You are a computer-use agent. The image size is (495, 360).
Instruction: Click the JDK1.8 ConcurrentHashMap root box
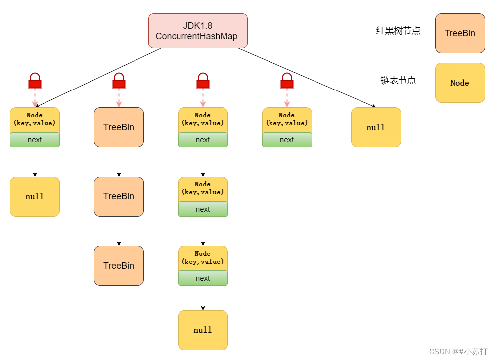pos(198,31)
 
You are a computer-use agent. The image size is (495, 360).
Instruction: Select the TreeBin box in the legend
pos(460,33)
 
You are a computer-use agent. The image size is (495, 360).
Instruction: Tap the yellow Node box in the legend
pos(460,83)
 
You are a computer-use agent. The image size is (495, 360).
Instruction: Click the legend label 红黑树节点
pos(398,31)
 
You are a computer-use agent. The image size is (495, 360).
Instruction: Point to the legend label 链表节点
pos(398,80)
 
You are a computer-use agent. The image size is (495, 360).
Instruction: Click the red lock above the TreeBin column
pos(119,81)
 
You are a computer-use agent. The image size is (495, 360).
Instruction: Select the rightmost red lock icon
pos(287,81)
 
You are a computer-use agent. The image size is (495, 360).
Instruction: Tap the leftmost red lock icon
pos(35,81)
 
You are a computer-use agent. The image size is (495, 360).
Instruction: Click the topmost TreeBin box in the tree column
pos(119,127)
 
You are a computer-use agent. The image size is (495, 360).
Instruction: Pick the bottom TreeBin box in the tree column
pos(119,266)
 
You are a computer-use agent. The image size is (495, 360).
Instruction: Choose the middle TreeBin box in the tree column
pos(119,196)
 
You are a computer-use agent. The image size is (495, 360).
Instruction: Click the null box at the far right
pos(376,127)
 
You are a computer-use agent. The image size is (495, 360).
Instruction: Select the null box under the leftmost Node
pos(35,196)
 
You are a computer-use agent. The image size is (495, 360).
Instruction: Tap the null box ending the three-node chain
pos(203,330)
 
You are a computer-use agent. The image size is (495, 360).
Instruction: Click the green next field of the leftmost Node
pos(35,140)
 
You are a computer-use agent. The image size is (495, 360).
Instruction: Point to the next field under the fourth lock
pos(287,140)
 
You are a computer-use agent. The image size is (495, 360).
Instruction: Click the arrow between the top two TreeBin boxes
pos(119,162)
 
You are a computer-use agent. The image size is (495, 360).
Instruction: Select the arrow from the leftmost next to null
pos(35,162)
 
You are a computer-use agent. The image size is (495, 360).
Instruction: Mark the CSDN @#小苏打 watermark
pos(458,351)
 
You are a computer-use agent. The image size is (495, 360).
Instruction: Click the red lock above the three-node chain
pos(203,81)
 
